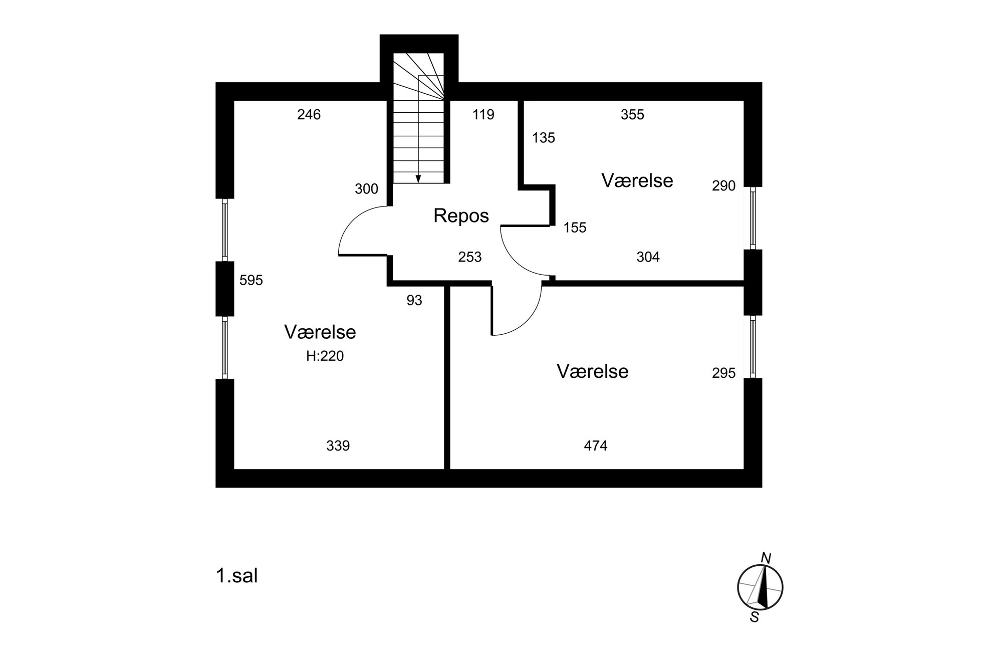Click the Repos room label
pyautogui.click(x=461, y=215)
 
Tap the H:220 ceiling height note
pyautogui.click(x=325, y=356)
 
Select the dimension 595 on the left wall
pyautogui.click(x=251, y=280)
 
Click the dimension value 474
pyautogui.click(x=595, y=446)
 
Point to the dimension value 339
pyautogui.click(x=338, y=446)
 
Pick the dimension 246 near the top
pyautogui.click(x=309, y=115)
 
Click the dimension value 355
pyautogui.click(x=632, y=115)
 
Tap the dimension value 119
pyautogui.click(x=483, y=115)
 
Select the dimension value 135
pyautogui.click(x=544, y=138)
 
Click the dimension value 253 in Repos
pyautogui.click(x=469, y=257)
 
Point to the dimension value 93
pyautogui.click(x=414, y=300)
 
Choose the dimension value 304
pyautogui.click(x=648, y=257)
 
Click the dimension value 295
pyautogui.click(x=723, y=373)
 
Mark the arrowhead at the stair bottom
pyautogui.click(x=418, y=179)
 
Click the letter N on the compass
pyautogui.click(x=766, y=558)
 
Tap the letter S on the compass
pyautogui.click(x=755, y=617)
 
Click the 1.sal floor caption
pyautogui.click(x=236, y=576)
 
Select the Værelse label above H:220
pyautogui.click(x=320, y=332)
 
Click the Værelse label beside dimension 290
pyautogui.click(x=637, y=180)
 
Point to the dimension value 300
pyautogui.click(x=366, y=189)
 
